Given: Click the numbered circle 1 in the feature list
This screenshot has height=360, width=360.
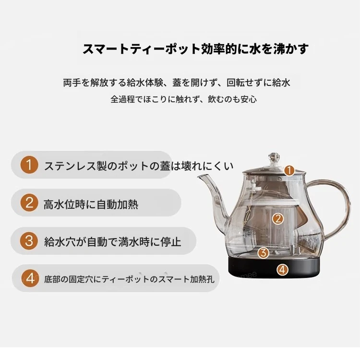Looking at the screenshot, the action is (29, 165).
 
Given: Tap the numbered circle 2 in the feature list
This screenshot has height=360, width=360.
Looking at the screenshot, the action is (29, 203).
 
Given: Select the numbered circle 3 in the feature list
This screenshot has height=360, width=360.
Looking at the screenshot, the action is (29, 240).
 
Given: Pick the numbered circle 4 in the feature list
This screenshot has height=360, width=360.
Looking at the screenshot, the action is (30, 278).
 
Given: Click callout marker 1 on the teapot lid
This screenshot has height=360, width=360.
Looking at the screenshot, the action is (289, 170).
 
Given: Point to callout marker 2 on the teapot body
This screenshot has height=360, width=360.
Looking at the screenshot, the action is (278, 219).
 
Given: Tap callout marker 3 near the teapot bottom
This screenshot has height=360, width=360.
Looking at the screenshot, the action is (264, 253).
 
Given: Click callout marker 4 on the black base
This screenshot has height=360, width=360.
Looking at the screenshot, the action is (282, 269).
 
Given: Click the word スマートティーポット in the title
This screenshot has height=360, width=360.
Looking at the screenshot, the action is (141, 49).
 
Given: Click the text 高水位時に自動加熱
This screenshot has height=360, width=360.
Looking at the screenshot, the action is (91, 204).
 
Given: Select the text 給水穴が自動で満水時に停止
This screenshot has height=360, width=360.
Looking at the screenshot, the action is (113, 242).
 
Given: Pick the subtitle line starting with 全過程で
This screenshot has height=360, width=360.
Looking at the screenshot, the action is (184, 99).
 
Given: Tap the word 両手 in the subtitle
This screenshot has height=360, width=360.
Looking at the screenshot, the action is (72, 83).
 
